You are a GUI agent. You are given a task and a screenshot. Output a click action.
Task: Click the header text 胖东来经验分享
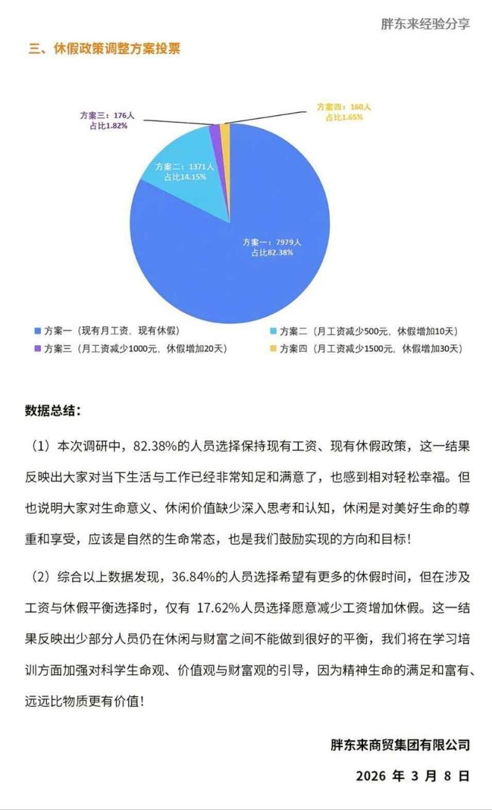click(425, 24)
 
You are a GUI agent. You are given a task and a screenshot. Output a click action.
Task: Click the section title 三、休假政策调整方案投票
click(104, 49)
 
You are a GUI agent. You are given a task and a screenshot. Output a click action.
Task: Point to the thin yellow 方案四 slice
click(225, 132)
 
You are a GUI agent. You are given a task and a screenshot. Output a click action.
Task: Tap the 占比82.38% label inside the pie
click(272, 253)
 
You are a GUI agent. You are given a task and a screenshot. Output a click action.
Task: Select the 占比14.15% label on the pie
click(185, 177)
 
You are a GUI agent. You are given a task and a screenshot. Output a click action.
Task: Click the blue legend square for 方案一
click(38, 331)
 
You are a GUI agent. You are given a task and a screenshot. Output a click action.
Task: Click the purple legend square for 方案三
click(38, 349)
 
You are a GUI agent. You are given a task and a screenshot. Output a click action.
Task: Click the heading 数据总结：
click(52, 411)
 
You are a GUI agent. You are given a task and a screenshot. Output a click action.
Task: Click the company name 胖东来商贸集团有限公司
click(400, 745)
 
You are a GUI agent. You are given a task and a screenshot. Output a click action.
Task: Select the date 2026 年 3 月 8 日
click(412, 776)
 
